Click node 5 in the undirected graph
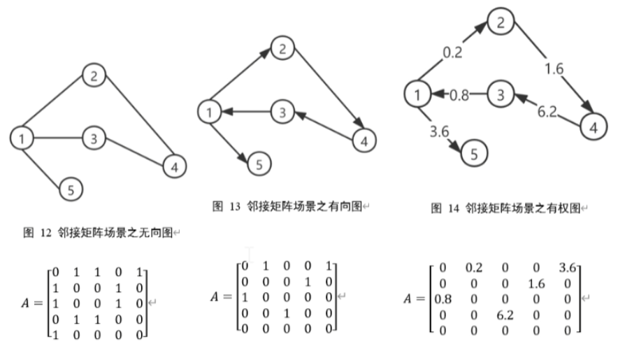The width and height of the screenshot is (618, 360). pyautogui.click(x=70, y=188)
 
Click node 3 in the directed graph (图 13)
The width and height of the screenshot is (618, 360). pyautogui.click(x=282, y=111)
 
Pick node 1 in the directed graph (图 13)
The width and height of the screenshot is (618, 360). pyautogui.click(x=208, y=111)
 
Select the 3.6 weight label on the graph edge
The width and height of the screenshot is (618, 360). pyautogui.click(x=440, y=131)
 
